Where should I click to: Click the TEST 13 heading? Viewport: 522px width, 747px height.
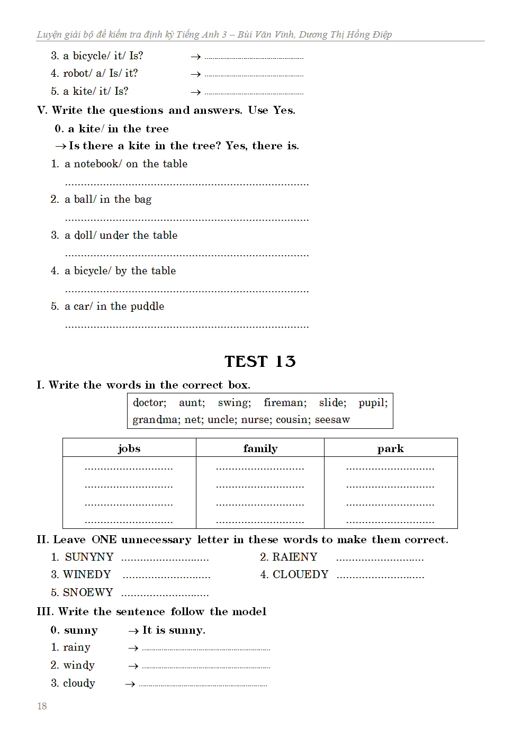[260, 361]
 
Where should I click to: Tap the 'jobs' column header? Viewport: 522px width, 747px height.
[129, 448]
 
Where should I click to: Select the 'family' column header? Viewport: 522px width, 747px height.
[260, 448]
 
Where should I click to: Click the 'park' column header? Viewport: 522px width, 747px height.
[390, 448]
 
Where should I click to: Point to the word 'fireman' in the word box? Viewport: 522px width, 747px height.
[285, 403]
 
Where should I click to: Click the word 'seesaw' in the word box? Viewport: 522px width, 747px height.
[332, 420]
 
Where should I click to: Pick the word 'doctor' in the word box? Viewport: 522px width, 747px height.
[149, 403]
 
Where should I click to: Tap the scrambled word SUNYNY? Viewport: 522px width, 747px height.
[89, 557]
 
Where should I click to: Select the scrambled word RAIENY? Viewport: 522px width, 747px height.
[294, 557]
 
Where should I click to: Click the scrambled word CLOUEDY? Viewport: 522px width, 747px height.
[300, 574]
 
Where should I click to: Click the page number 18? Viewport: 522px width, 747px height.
[42, 706]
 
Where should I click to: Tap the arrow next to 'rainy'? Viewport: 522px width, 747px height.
[133, 648]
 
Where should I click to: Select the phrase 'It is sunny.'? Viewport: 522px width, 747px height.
[174, 630]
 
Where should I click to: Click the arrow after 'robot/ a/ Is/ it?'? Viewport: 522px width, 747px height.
[196, 74]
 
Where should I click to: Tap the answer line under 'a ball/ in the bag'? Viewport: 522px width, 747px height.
[186, 219]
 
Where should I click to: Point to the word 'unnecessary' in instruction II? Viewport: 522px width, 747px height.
[156, 539]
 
